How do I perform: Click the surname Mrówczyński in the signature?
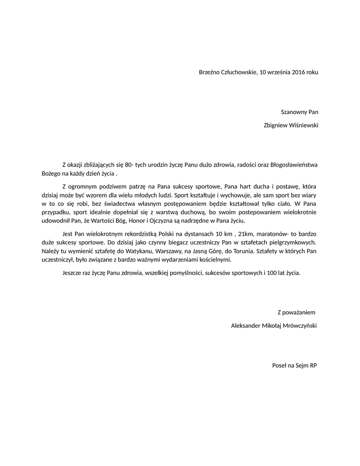pos(300,326)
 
